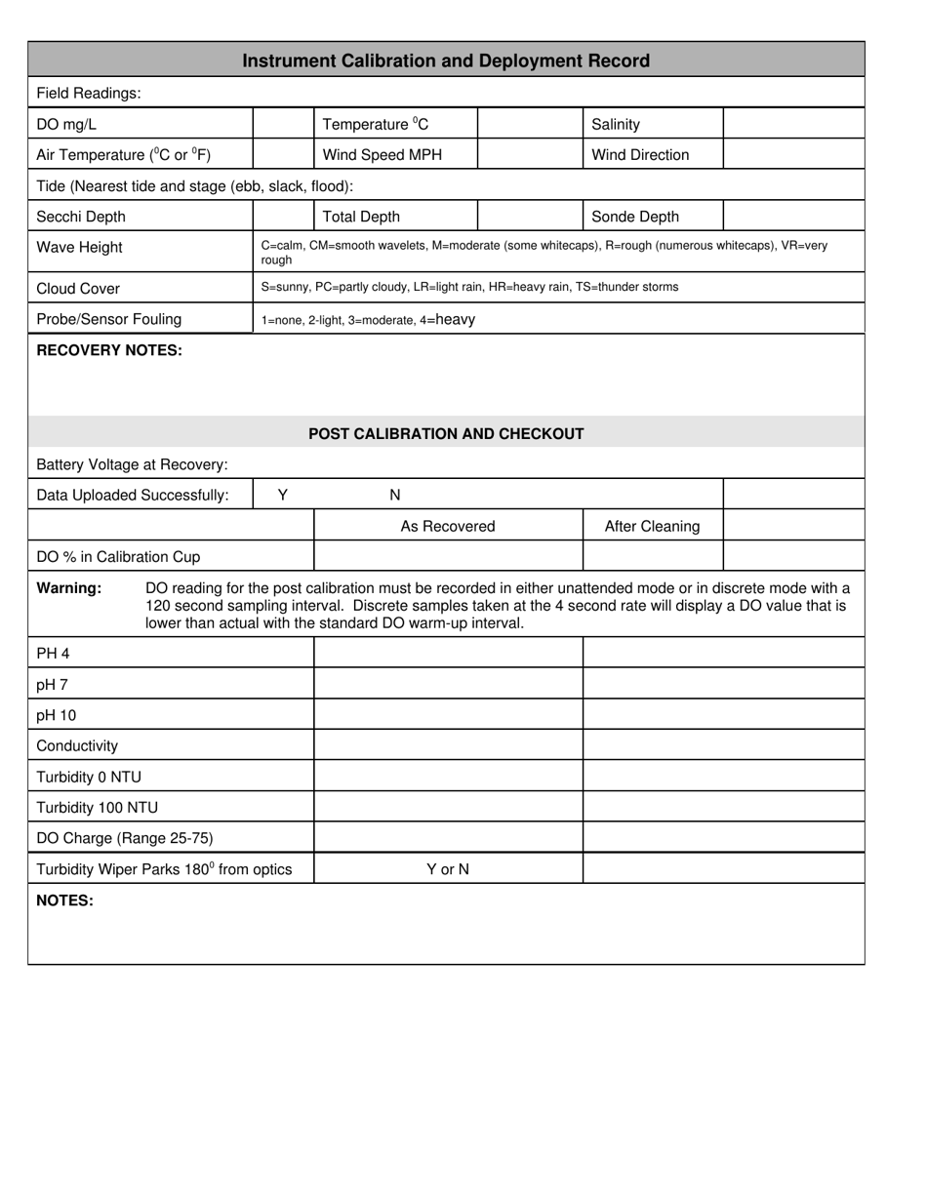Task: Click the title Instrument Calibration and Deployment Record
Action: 446,60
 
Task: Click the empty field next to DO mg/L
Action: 283,124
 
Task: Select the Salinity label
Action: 616,124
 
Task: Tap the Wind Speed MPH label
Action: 382,155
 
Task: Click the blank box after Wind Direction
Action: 793,155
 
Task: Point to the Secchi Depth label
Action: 81,217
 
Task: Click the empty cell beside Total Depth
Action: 530,217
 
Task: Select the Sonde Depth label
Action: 635,217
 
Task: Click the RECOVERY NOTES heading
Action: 109,350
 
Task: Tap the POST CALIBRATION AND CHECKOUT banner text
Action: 446,433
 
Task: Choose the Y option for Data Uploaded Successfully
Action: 283,495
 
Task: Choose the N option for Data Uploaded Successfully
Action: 395,495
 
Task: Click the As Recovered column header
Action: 448,526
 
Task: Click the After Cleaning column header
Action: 652,526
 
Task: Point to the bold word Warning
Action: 69,588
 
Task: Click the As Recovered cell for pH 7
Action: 448,684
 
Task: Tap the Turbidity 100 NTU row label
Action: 97,808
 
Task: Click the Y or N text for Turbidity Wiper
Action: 448,868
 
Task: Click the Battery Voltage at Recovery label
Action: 132,464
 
